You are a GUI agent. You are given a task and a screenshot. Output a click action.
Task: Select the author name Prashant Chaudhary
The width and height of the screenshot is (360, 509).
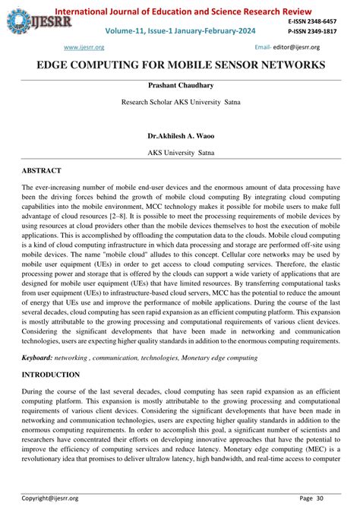pyautogui.click(x=180, y=86)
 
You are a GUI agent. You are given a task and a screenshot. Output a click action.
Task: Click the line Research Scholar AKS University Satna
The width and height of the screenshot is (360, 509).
pyautogui.click(x=180, y=101)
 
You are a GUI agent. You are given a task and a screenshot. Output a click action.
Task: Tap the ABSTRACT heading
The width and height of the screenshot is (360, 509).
pyautogui.click(x=42, y=171)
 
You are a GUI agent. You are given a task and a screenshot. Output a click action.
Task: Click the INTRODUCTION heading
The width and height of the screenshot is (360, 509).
pyautogui.click(x=50, y=375)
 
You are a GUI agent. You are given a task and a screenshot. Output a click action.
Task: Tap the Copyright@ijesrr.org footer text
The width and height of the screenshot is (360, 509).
pyautogui.click(x=50, y=498)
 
